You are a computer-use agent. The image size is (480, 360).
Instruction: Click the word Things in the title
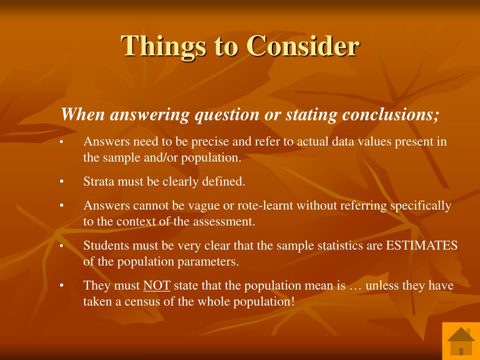pyautogui.click(x=163, y=46)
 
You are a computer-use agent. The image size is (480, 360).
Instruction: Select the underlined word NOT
pyautogui.click(x=157, y=285)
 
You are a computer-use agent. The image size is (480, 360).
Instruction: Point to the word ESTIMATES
pyautogui.click(x=422, y=246)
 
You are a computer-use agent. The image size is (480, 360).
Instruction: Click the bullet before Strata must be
pyautogui.click(x=61, y=181)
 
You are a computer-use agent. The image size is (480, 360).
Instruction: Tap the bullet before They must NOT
pyautogui.click(x=61, y=285)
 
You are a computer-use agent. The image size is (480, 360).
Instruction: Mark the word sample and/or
pyautogui.click(x=140, y=158)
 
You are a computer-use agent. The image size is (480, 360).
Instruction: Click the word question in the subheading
pyautogui.click(x=227, y=115)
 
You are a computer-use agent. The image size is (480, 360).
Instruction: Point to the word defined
pyautogui.click(x=224, y=181)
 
